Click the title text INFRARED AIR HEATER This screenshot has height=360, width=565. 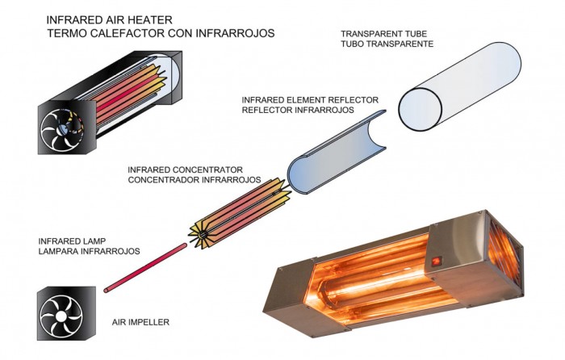coord(110,19)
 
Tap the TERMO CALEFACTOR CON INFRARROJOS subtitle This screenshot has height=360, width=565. coord(161,33)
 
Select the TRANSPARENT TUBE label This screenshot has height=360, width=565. coord(383,34)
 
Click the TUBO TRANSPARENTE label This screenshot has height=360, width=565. coord(387,44)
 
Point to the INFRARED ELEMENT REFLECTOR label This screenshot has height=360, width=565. coord(310,100)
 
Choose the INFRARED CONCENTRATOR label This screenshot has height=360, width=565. coord(185,170)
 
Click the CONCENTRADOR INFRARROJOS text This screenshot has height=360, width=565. coord(195,179)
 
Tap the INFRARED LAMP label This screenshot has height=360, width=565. coord(72,241)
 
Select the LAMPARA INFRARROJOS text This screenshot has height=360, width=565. coord(89,251)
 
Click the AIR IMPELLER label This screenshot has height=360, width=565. coord(140,322)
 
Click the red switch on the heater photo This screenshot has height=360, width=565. coord(437,261)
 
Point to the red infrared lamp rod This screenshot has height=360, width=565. coord(145,268)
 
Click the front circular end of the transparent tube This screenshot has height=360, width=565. coord(421,109)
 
